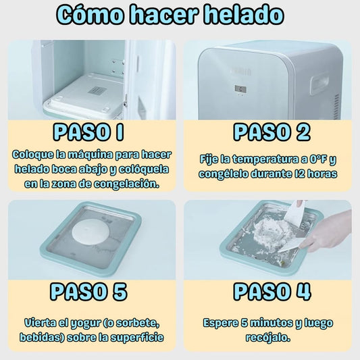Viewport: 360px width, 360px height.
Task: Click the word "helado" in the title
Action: [244, 15]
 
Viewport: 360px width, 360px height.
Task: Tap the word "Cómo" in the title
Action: [90, 15]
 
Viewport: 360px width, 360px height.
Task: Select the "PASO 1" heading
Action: [88, 132]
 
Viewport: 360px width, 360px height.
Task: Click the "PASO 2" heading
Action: [272, 132]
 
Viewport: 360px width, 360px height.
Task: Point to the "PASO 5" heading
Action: [88, 292]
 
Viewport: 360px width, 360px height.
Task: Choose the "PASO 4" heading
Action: [272, 292]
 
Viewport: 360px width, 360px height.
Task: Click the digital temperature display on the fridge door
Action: [240, 89]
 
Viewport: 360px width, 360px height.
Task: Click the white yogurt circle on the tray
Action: [91, 232]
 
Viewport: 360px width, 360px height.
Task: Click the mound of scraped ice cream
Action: [271, 232]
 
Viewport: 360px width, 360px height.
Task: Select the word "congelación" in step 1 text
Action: [127, 184]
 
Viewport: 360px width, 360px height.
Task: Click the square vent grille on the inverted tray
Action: [97, 91]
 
